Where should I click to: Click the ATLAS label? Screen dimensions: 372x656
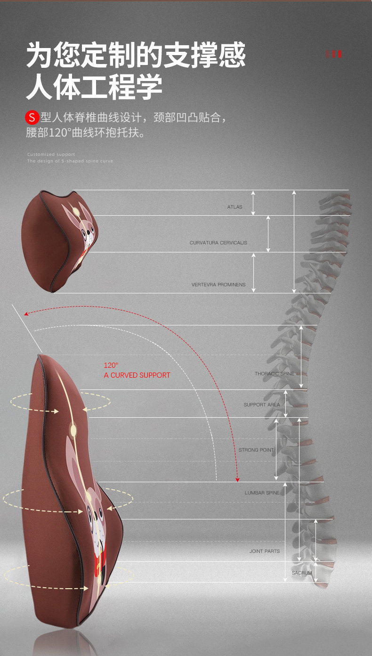(x=235, y=207)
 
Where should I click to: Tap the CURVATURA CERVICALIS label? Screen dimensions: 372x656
(x=218, y=243)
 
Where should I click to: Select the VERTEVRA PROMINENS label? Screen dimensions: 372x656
(x=218, y=285)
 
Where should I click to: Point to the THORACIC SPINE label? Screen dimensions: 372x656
(x=274, y=374)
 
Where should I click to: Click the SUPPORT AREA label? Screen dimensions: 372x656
(x=261, y=405)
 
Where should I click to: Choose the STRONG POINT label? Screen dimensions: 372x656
(x=256, y=450)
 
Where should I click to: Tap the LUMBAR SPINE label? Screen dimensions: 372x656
(x=262, y=493)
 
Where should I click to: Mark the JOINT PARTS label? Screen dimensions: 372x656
(x=264, y=551)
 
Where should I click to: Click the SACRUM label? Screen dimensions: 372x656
(x=301, y=573)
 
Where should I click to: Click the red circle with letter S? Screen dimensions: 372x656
(x=32, y=117)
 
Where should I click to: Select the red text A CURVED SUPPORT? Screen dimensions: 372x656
(x=137, y=375)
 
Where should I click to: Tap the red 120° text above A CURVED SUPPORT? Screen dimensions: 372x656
(x=111, y=365)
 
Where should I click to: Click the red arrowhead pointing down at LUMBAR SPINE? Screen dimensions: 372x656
(x=238, y=479)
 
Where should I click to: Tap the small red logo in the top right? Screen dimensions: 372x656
(x=333, y=54)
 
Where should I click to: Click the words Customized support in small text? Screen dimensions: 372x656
(x=51, y=154)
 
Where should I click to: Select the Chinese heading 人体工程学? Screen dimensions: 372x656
(x=94, y=87)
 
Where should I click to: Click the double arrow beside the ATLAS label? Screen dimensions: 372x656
(x=253, y=203)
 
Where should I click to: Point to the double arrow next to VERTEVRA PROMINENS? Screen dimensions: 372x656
(x=253, y=273)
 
